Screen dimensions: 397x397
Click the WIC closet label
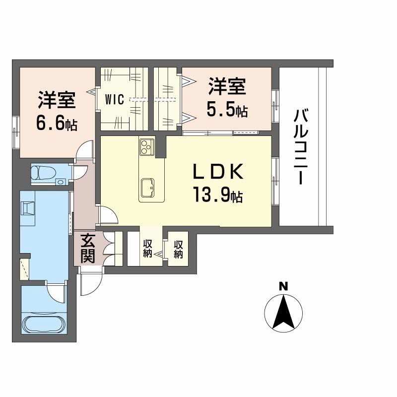click(115, 99)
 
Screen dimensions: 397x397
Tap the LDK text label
click(218, 172)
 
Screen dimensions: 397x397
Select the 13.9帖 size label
click(218, 195)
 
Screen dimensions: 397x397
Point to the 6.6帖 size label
click(57, 124)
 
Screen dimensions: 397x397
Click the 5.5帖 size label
click(227, 110)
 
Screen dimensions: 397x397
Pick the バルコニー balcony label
click(301, 147)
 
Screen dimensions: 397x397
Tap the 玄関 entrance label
click(88, 249)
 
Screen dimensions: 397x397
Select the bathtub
click(44, 324)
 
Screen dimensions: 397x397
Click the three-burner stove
click(146, 146)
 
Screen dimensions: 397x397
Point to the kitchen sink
click(147, 188)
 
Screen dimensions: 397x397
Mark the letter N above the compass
click(283, 287)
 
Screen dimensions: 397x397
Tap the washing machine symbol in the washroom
click(28, 208)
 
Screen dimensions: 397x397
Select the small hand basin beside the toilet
click(60, 182)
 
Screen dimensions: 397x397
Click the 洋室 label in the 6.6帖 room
click(57, 100)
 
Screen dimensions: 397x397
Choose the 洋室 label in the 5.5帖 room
click(227, 86)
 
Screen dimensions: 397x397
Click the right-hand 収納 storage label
click(178, 249)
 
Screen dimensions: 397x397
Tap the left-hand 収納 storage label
click(147, 249)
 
